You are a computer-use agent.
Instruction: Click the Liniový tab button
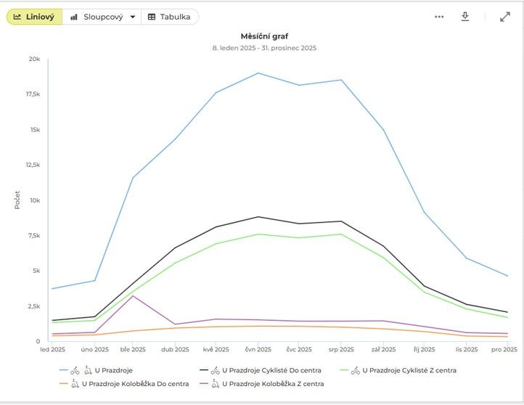pos(34,17)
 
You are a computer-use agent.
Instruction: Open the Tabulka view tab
pos(169,17)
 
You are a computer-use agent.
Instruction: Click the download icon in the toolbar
pos(465,17)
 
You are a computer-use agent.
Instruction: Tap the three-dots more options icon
pos(438,17)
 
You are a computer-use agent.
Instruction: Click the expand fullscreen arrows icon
pos(505,17)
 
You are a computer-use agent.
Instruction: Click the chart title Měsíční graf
pos(264,36)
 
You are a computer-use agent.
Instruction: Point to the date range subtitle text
pos(264,48)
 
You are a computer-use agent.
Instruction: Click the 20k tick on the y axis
pos(34,59)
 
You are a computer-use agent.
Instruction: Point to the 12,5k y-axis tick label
pos(31,165)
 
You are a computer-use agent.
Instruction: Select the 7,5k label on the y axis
pos(33,235)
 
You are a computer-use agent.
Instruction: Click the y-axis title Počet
pos(17,200)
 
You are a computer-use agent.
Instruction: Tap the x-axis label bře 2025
pos(133,350)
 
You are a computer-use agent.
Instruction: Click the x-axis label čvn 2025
pos(258,350)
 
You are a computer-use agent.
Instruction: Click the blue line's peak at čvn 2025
pos(258,73)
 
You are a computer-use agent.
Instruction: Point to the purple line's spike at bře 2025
pos(133,296)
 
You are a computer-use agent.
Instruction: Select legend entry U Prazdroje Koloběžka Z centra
pos(273,383)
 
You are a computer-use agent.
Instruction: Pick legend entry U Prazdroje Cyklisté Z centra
pos(409,370)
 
